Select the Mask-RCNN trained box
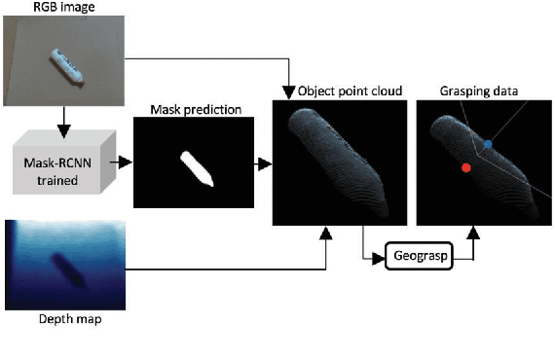point(58,166)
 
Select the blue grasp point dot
point(488,144)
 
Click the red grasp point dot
point(466,168)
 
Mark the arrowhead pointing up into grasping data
point(476,234)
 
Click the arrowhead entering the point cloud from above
point(288,93)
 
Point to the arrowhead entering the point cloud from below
point(326,234)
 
